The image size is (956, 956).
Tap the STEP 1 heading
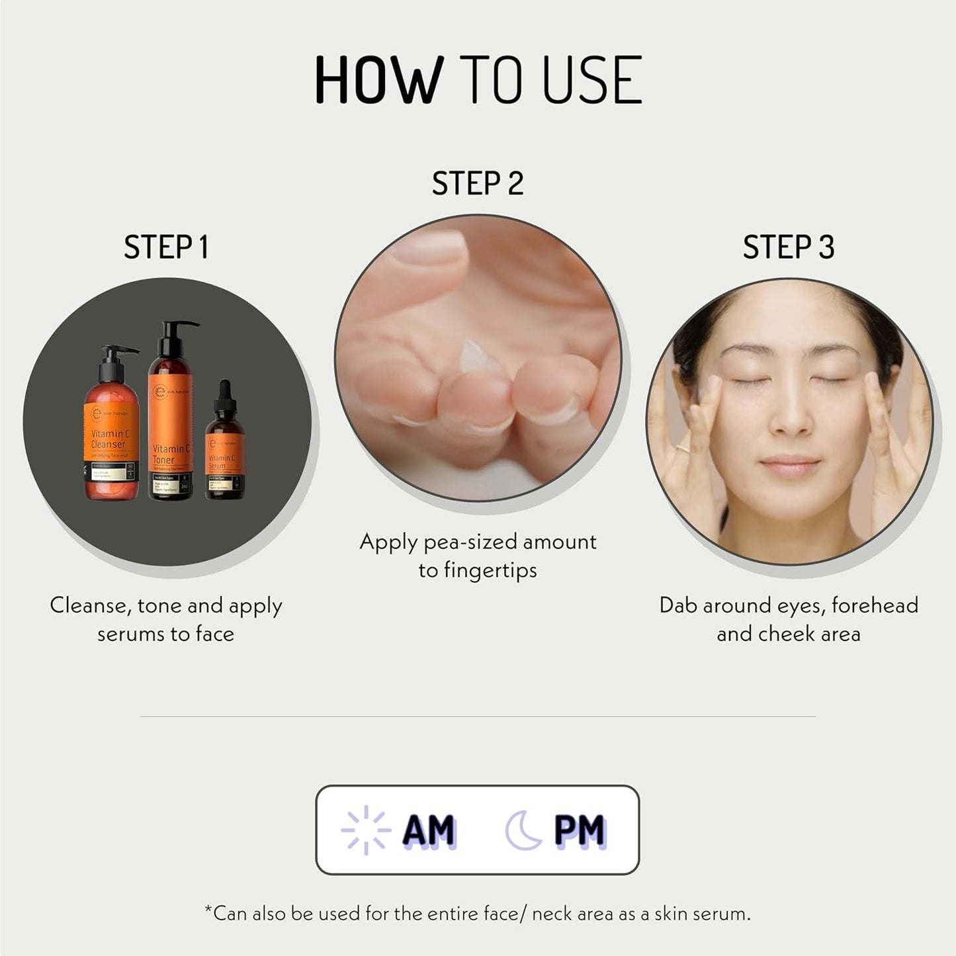[x=166, y=247]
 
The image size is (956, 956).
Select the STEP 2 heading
[x=478, y=183]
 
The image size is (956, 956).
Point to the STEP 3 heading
[x=789, y=247]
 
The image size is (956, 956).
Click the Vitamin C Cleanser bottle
[x=111, y=437]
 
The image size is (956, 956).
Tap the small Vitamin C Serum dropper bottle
[x=224, y=456]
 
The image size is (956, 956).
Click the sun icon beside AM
[x=365, y=830]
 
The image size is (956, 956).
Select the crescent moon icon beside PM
[x=523, y=830]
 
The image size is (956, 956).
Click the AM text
[x=429, y=830]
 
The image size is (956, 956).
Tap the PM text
[x=580, y=830]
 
